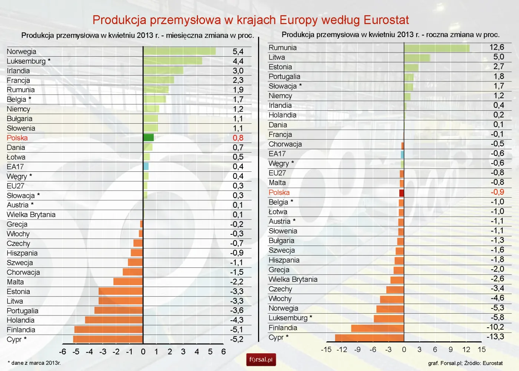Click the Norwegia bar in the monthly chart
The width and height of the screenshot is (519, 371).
coord(179,51)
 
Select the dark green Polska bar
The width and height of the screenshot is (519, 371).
coord(149,138)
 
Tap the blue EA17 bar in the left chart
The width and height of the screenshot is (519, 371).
coord(146,167)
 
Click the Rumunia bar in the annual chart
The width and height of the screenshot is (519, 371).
coord(437,48)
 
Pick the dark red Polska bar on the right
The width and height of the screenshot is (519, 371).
coord(401,193)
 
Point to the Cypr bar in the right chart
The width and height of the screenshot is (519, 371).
coord(369,338)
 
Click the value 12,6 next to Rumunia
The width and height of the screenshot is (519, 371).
coord(497,47)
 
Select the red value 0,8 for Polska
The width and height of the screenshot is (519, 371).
coord(238,138)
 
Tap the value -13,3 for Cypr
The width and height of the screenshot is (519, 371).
coord(495,337)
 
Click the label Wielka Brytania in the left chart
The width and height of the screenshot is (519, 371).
coord(31,215)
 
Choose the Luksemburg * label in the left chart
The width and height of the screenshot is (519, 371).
coord(29,61)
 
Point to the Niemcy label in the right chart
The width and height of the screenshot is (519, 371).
coord(280,96)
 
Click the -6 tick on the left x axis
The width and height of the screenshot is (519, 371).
coord(63,352)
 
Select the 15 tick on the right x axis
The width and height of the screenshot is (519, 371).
coord(482,350)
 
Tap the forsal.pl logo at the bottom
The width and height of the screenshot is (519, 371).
coord(261,360)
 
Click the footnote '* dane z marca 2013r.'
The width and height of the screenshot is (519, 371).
coord(34,363)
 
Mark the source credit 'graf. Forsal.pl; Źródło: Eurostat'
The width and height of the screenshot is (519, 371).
coord(465,363)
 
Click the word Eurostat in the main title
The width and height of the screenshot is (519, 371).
coord(386,20)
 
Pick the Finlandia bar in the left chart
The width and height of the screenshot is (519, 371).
coord(109,330)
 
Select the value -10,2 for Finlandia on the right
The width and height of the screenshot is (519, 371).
coord(495,327)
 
